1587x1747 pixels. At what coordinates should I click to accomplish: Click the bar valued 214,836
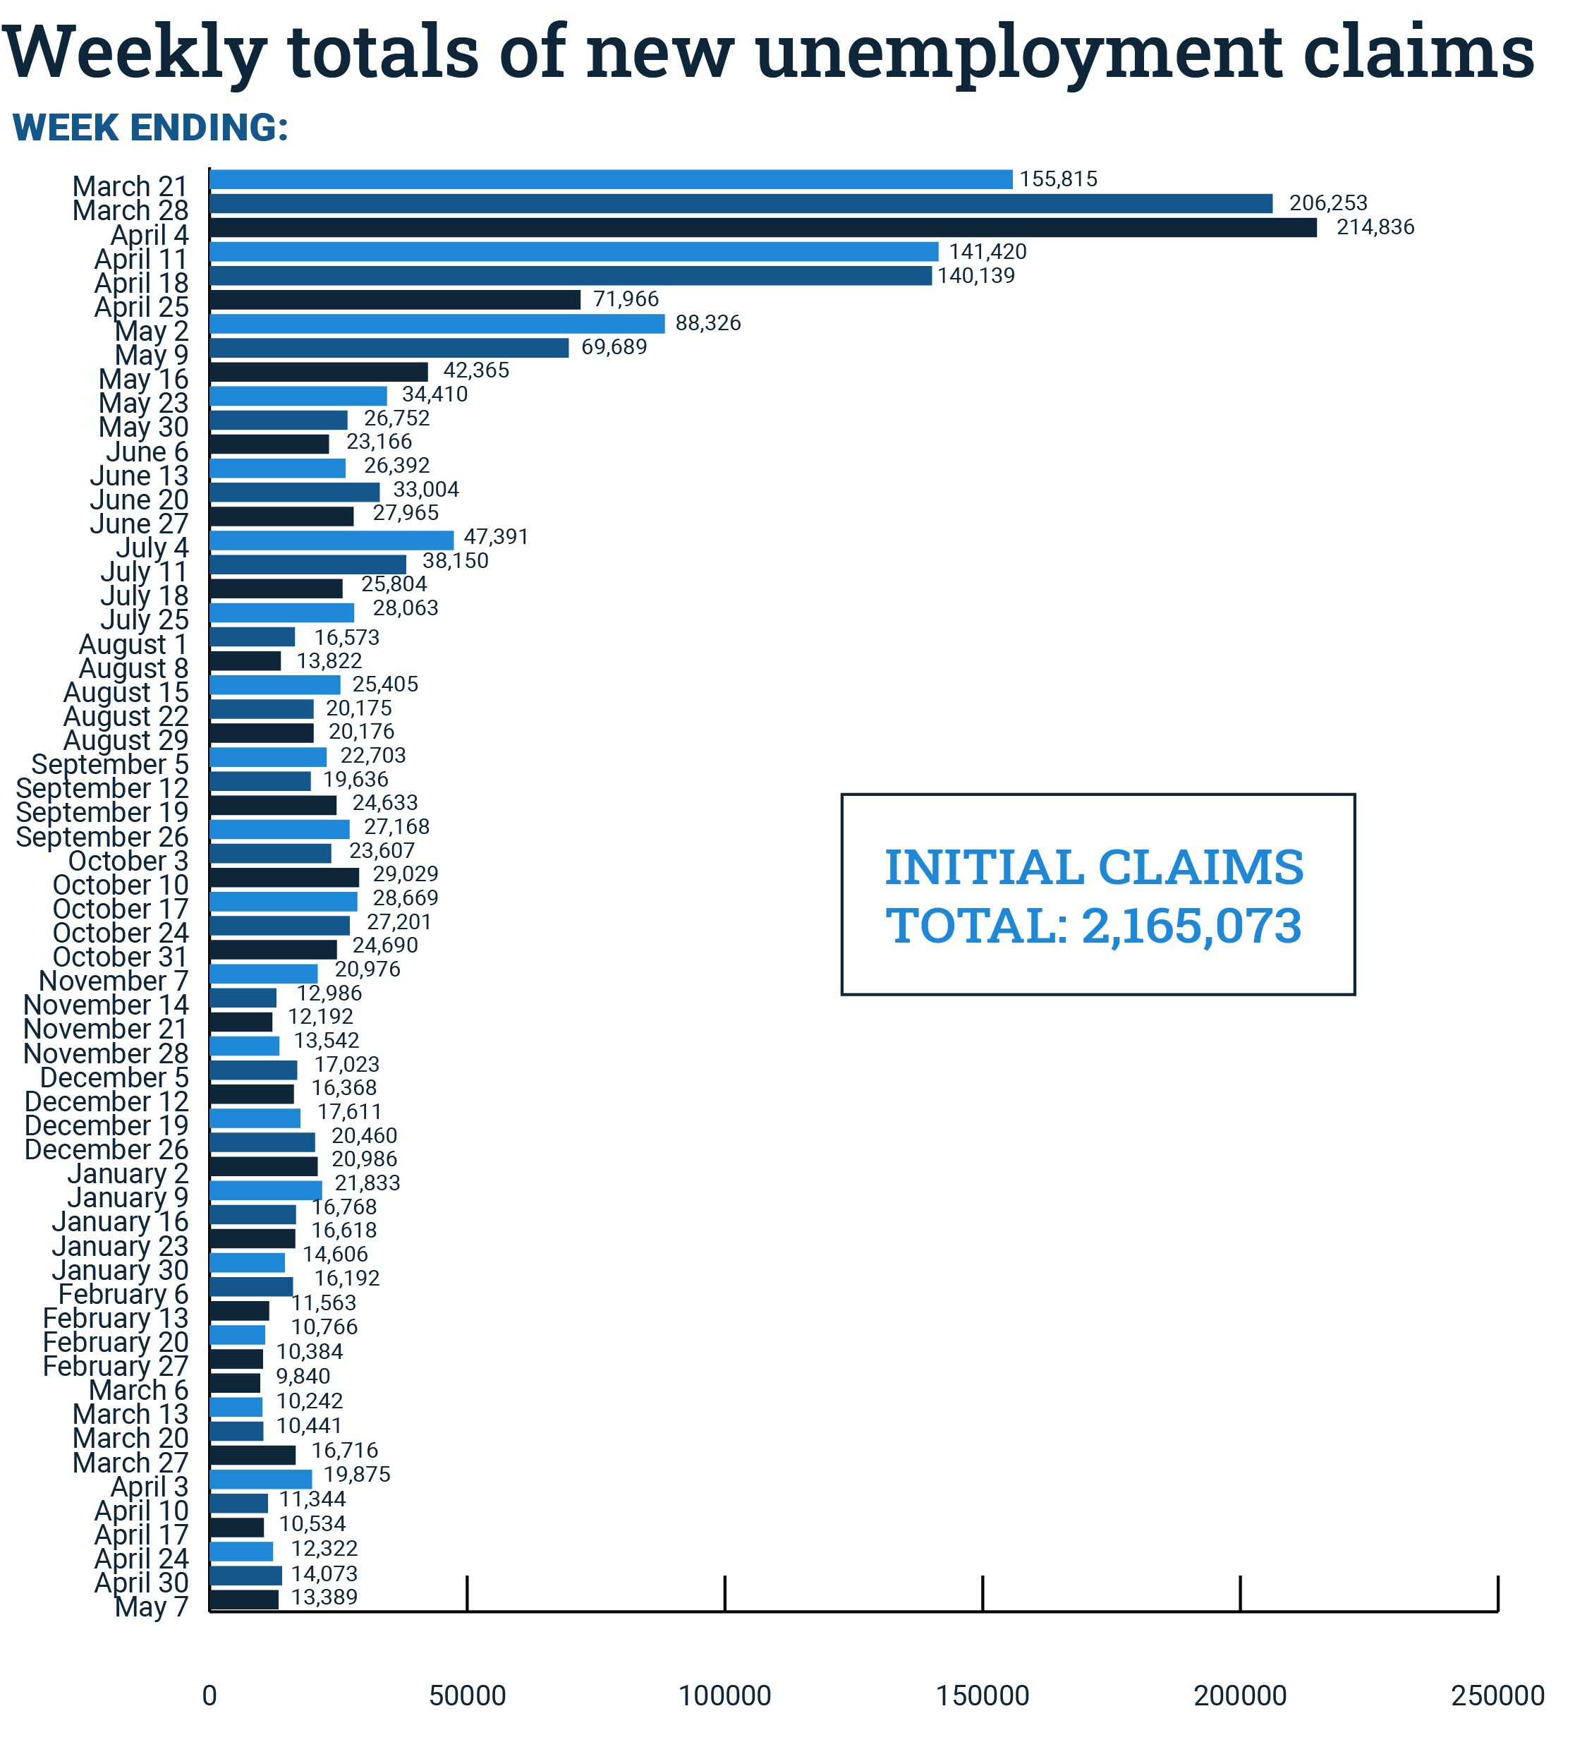point(762,228)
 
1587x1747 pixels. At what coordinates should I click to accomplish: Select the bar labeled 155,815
point(611,179)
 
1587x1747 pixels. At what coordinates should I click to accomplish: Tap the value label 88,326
point(707,323)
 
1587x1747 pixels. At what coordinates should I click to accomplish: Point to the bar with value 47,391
point(331,540)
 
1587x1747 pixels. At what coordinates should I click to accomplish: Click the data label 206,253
point(1327,202)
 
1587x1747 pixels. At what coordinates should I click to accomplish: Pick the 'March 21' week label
point(130,186)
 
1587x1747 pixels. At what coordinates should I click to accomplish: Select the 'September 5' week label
point(110,764)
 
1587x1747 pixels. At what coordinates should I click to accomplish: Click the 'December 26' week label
point(107,1150)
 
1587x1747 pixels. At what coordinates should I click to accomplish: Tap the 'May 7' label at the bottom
point(152,1607)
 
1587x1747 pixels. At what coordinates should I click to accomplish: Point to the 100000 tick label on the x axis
point(724,1696)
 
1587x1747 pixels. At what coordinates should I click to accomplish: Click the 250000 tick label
point(1497,1696)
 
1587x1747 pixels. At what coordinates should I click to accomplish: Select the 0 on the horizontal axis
point(209,1696)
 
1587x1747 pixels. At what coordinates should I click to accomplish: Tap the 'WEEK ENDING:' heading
point(150,128)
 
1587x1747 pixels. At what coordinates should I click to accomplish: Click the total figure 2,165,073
point(1191,926)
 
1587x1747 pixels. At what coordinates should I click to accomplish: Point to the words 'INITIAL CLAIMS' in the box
point(1093,867)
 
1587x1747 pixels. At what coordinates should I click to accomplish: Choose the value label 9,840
point(303,1376)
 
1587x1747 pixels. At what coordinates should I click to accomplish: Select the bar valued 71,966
point(395,300)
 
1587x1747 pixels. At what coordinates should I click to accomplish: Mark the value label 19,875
point(357,1474)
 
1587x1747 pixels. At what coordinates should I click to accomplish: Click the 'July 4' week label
point(152,548)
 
